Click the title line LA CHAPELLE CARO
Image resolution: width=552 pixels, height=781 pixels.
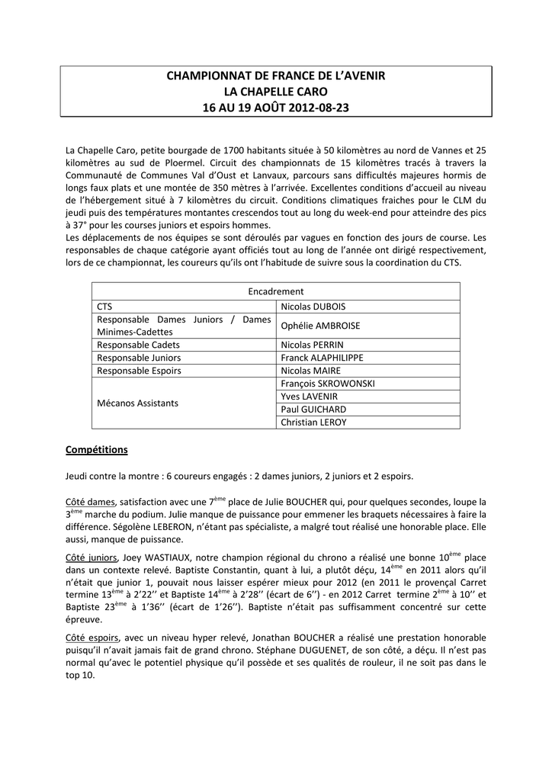pos(276,92)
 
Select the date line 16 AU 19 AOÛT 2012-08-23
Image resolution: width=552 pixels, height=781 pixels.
pos(276,108)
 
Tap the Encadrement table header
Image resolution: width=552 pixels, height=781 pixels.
pos(276,291)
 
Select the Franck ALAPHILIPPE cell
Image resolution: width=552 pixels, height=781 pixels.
pos(322,357)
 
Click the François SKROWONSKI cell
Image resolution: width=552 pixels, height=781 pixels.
pos(328,383)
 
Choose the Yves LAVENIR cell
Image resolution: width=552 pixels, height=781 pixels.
pos(309,396)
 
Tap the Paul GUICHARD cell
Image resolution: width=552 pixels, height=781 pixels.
pos(313,409)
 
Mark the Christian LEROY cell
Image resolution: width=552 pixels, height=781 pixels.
pos(313,422)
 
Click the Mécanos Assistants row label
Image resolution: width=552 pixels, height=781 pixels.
pos(138,403)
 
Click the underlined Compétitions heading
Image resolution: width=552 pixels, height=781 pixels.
pos(97,450)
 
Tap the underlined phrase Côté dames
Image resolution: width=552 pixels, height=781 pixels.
pos(90,502)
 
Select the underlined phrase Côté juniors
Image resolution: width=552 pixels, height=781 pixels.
pos(91,558)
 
